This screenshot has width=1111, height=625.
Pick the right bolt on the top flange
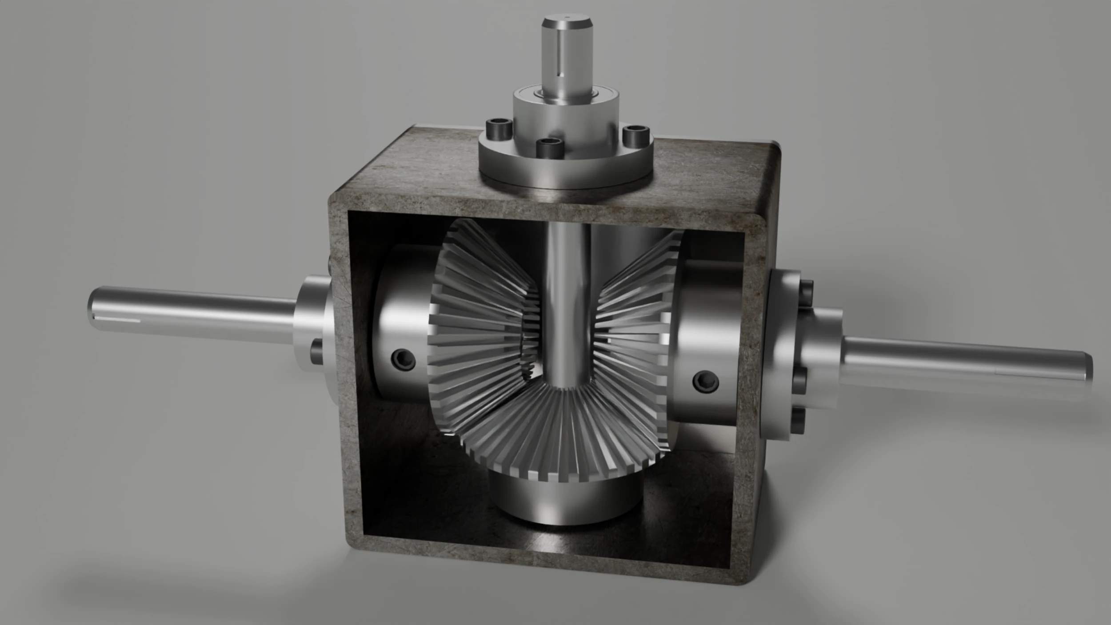636,136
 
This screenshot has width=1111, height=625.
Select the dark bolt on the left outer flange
317,351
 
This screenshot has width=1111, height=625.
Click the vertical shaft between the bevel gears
565,302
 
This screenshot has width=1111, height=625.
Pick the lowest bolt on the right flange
799,420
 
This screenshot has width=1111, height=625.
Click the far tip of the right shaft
1089,366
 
